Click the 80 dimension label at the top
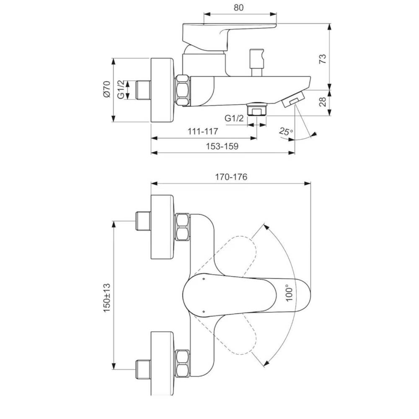coord(239,8)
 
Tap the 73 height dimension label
coord(323,59)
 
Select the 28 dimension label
coord(323,101)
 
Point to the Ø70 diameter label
coord(106,89)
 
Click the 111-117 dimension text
coord(203,131)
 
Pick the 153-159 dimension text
coord(222,146)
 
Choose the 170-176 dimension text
coord(231,177)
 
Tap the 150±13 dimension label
coord(106,297)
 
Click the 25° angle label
coord(286,132)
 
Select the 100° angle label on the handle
coord(289,293)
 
